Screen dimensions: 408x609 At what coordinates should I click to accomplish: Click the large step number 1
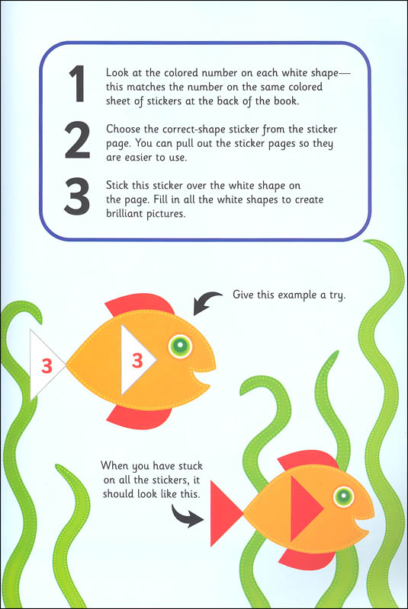(78, 84)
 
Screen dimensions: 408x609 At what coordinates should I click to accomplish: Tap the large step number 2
(77, 140)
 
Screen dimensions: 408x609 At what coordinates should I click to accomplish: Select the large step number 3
(77, 196)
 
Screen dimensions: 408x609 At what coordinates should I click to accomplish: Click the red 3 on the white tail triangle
(47, 366)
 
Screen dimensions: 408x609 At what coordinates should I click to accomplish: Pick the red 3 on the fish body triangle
(137, 360)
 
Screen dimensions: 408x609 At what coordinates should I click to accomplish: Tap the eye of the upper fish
(180, 346)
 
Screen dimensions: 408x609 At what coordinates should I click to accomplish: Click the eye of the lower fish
(343, 496)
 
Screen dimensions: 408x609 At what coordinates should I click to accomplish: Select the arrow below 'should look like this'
(186, 517)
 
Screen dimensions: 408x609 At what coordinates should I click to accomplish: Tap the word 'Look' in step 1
(117, 72)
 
